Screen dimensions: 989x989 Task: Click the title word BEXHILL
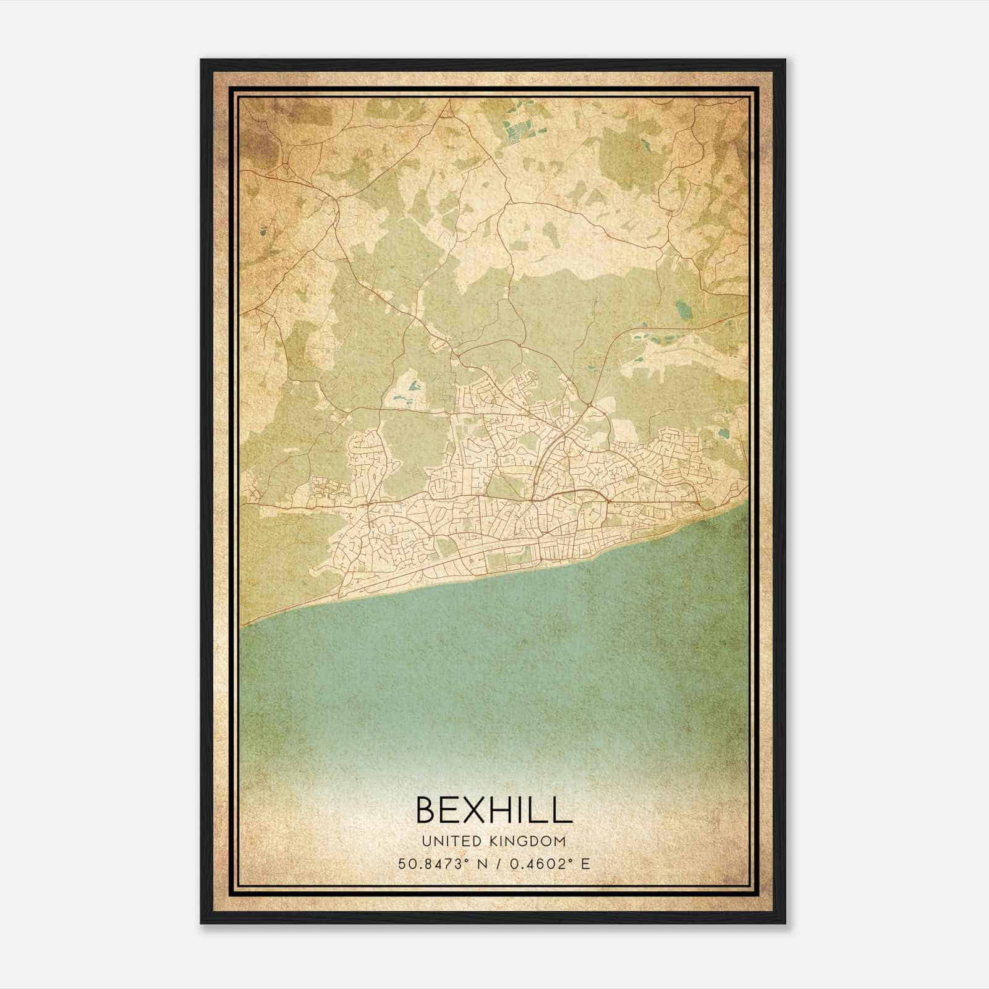pos(494,809)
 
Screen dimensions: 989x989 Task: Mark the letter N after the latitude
pos(477,864)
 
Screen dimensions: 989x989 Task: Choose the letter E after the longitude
pos(585,864)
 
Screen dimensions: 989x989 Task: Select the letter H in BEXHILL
pos(506,809)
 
